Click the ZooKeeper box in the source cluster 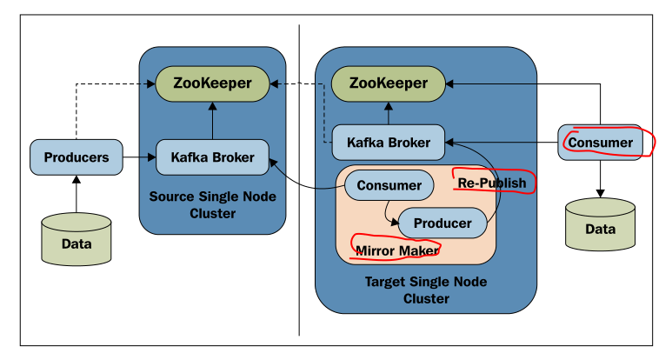tap(212, 83)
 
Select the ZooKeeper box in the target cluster tap(388, 83)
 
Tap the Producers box tap(76, 157)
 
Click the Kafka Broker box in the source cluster tap(212, 157)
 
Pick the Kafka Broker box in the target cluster tap(388, 142)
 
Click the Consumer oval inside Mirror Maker tap(389, 185)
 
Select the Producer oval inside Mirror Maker tap(442, 223)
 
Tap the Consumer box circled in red tap(600, 142)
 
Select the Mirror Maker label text tap(396, 250)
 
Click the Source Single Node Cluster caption tap(213, 204)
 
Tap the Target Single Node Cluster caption tap(426, 290)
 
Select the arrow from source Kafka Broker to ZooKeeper tap(212, 120)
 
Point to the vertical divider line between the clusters tap(299, 261)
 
